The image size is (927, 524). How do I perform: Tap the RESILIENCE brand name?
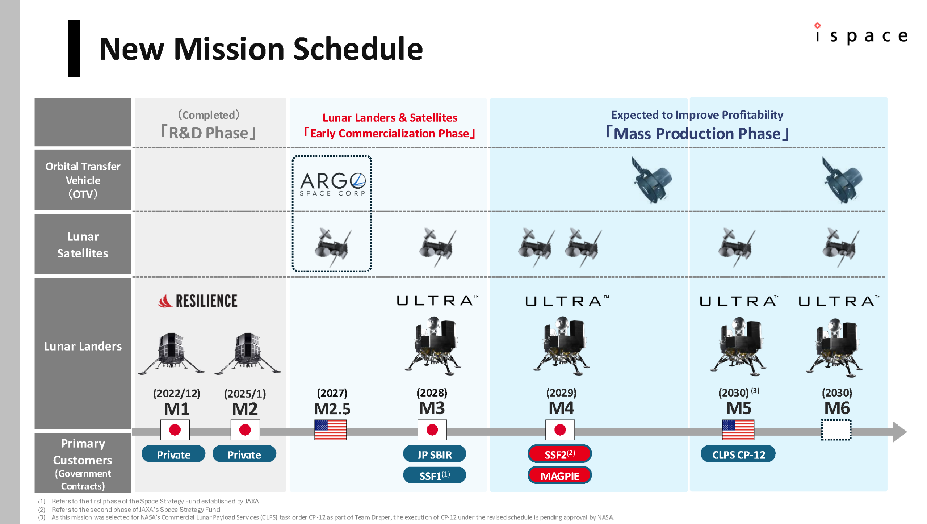[x=206, y=301]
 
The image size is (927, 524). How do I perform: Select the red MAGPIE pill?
[x=559, y=475]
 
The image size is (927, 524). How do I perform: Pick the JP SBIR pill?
[x=434, y=454]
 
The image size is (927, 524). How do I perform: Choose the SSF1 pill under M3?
[x=434, y=475]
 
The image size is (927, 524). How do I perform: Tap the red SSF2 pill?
[x=559, y=454]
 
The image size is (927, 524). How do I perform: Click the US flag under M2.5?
[x=330, y=430]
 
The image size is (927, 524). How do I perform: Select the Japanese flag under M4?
[x=559, y=430]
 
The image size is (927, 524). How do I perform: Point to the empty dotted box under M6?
[x=836, y=430]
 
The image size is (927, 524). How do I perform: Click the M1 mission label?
[x=176, y=409]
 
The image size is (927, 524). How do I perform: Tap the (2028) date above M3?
[x=432, y=393]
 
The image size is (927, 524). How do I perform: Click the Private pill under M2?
[x=244, y=454]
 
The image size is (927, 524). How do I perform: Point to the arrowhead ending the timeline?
[x=900, y=432]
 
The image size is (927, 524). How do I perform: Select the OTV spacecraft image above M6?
[x=842, y=180]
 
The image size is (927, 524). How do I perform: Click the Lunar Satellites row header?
[x=83, y=244]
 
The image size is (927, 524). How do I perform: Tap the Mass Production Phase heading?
[x=697, y=133]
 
